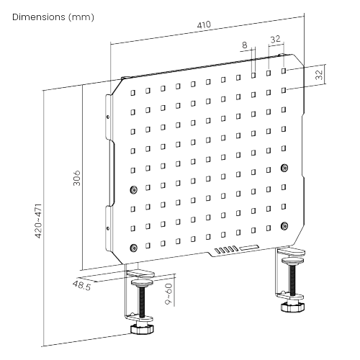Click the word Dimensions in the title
(x=39, y=17)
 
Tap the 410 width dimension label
(x=204, y=24)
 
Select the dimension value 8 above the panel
(x=244, y=45)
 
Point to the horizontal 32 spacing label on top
(x=275, y=39)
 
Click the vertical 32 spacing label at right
(x=319, y=75)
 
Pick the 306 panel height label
(x=76, y=178)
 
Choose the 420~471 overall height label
(x=38, y=221)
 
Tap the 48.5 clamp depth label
(x=82, y=285)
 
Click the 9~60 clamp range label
(x=168, y=294)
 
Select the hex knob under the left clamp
(x=142, y=328)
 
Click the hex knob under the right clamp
(x=293, y=307)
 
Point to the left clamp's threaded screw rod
(x=142, y=301)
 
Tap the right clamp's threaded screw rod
(x=292, y=279)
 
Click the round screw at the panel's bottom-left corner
(x=133, y=248)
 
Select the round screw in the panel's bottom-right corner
(x=284, y=226)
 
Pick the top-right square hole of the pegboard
(x=284, y=71)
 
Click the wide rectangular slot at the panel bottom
(x=249, y=248)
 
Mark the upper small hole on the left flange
(x=108, y=117)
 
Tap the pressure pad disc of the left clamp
(x=142, y=282)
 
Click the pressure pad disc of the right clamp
(x=293, y=260)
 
